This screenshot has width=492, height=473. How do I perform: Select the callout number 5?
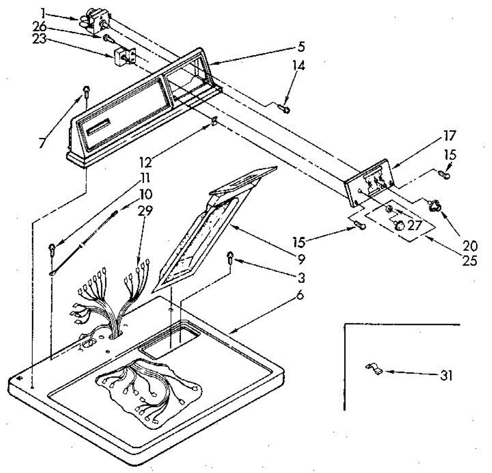coord(301,47)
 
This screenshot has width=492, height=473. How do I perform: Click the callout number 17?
coord(449,135)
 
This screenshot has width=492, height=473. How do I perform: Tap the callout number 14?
coord(299,65)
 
